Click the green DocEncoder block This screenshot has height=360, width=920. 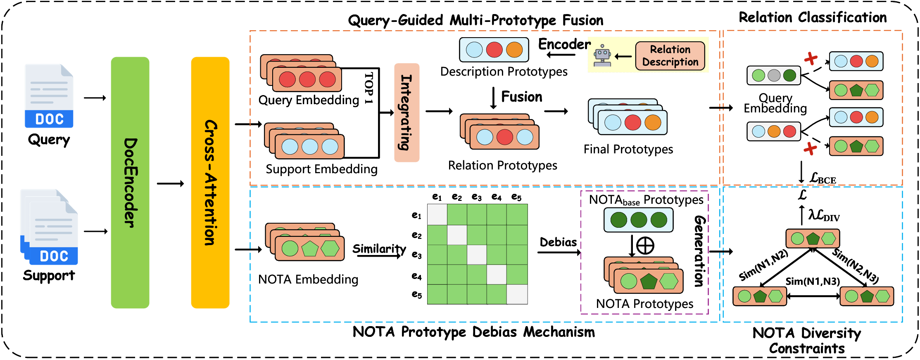[x=130, y=182]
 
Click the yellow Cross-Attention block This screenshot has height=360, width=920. [x=210, y=182]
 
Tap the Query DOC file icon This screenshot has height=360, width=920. [x=49, y=96]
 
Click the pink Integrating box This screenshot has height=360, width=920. [x=407, y=112]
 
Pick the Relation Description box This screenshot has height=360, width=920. [x=670, y=56]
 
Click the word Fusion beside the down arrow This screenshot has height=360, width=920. [x=522, y=97]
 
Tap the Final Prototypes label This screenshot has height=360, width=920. [x=628, y=149]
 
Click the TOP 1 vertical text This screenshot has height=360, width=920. [x=369, y=88]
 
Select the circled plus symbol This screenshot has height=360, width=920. [x=645, y=246]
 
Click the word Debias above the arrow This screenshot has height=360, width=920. [x=558, y=242]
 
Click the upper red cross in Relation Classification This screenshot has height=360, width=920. [x=811, y=58]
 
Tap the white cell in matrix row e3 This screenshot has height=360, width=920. [x=477, y=255]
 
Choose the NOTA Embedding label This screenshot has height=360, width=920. [x=308, y=280]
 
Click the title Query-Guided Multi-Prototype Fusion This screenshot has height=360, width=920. [x=475, y=20]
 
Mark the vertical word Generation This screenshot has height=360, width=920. [x=699, y=251]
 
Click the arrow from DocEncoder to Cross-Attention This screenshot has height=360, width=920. [x=170, y=184]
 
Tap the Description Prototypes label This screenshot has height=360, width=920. [x=504, y=72]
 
